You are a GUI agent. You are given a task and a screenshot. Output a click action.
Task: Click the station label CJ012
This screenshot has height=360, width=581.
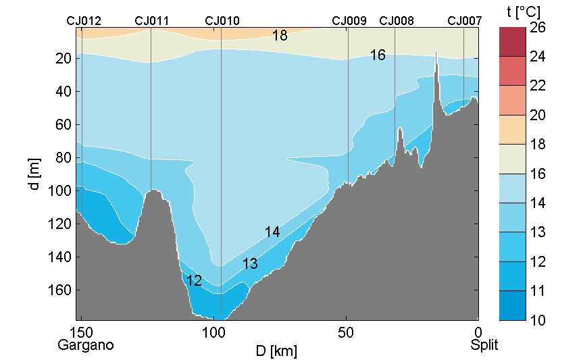(x=84, y=21)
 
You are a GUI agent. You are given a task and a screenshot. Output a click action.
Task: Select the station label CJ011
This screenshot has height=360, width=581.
(x=152, y=21)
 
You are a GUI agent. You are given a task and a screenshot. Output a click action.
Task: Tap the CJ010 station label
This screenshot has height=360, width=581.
(x=222, y=21)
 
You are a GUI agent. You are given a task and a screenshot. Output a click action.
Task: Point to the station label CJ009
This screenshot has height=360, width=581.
(x=349, y=21)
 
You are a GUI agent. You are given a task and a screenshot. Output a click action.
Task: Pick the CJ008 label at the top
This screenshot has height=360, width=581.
(x=397, y=21)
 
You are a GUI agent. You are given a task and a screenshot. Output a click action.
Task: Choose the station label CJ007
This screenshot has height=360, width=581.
(x=465, y=21)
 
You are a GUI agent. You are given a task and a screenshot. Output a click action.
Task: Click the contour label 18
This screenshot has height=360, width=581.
(x=280, y=36)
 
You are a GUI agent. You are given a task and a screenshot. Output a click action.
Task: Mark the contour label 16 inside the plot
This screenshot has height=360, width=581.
(x=378, y=55)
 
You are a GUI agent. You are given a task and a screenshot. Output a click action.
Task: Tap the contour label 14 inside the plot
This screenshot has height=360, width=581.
(x=272, y=232)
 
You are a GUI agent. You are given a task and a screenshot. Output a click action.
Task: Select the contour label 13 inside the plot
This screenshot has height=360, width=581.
(x=250, y=264)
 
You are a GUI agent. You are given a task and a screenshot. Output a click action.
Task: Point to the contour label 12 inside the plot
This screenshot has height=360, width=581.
(x=194, y=281)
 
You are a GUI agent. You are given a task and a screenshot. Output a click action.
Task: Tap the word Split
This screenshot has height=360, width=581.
(x=484, y=345)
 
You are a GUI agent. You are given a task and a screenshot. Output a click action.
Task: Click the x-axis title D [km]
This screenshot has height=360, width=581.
(x=276, y=351)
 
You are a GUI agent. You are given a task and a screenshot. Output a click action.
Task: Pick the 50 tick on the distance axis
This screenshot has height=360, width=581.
(x=346, y=332)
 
